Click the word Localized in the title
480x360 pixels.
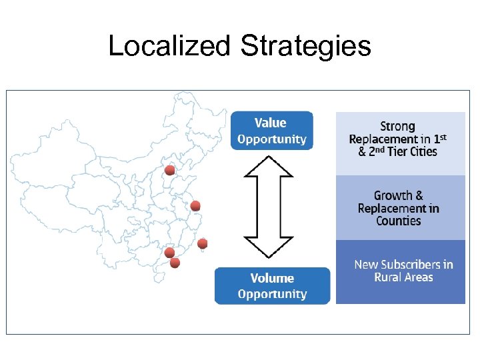coord(169,46)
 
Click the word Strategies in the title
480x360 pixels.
coord(305,46)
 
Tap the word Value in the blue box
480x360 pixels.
coord(270,123)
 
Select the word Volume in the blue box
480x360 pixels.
coord(272,278)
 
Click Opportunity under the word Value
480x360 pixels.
coord(272,139)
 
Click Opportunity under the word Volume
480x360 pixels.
coord(272,294)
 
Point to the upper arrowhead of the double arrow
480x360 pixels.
coord(269,167)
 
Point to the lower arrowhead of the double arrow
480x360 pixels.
coord(269,247)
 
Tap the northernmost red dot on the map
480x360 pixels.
coord(170,171)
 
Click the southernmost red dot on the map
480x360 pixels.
coord(175,263)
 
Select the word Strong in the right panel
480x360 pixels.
coord(398,127)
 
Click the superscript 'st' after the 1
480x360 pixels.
coord(441,136)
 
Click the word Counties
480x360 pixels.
coord(399,221)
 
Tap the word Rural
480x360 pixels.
coord(388,277)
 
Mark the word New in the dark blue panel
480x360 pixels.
coord(366,265)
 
